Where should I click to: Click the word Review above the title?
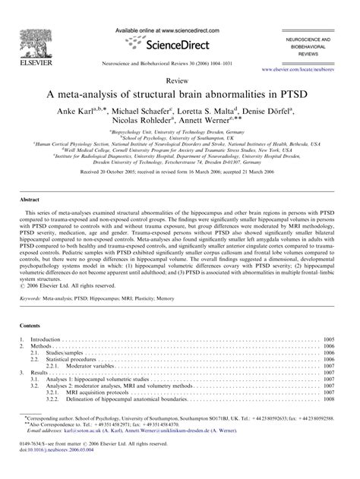[x=179, y=80]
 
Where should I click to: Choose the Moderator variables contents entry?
[x=91, y=367]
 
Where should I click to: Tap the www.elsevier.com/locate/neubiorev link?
[x=299, y=69]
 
